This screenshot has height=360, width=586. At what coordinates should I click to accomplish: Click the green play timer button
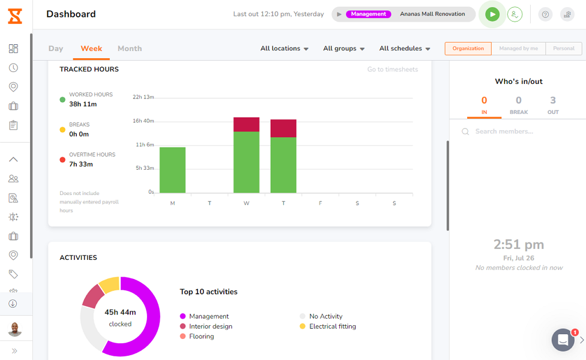pos(492,14)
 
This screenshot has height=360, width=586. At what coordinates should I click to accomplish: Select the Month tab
pos(130,49)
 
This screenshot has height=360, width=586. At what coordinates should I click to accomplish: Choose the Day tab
pos(56,49)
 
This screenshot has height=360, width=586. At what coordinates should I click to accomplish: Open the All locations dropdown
pos(285,49)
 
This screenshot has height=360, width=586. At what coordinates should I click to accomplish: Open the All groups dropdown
pos(344,49)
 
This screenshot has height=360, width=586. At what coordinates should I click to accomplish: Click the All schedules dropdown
pos(405,49)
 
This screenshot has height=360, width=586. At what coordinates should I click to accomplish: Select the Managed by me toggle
pos(518,49)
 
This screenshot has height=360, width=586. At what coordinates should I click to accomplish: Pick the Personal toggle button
pos(563,49)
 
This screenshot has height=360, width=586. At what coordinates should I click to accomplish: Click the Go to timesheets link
pos(393,70)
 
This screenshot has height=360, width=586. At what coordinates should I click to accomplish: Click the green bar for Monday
pos(172,170)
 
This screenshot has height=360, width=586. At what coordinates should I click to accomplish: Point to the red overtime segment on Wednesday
pos(246,124)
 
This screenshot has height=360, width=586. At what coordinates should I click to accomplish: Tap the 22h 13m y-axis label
pos(143,97)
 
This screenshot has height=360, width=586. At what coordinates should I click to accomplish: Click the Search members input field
pos(516,131)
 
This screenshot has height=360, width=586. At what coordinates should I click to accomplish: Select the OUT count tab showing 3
pos(553,105)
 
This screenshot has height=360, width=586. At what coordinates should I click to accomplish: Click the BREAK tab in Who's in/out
pos(519,105)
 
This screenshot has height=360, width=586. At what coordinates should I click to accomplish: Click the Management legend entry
pos(208,316)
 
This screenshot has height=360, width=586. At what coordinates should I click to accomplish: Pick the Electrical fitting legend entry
pos(332,326)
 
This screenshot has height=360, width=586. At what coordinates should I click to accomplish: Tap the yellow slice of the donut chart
pos(110,284)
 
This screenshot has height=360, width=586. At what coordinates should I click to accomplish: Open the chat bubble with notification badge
pos(563,340)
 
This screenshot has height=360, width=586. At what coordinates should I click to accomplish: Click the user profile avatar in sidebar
pos(15,329)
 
